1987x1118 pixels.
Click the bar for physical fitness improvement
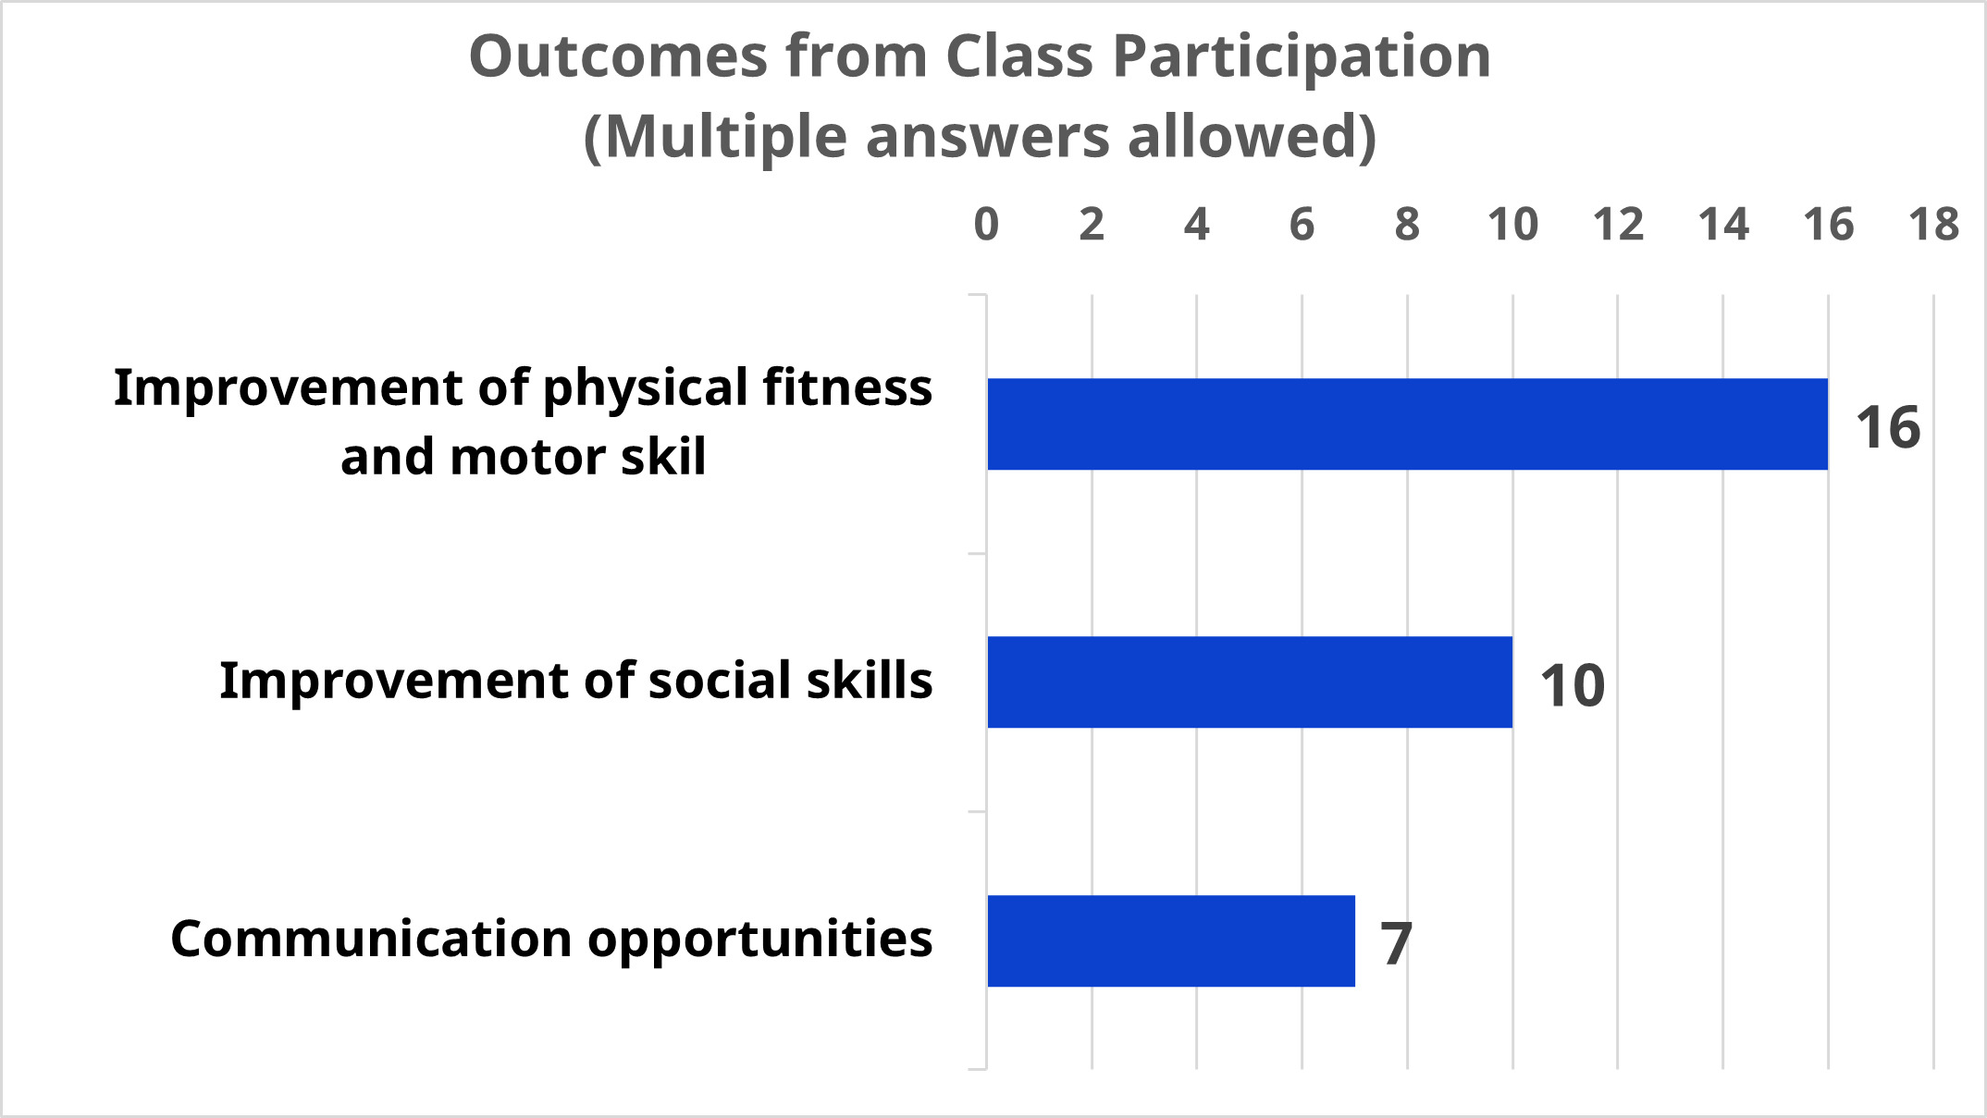[1406, 424]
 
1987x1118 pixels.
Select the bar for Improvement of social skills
[1249, 682]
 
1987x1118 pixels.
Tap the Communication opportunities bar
[1170, 940]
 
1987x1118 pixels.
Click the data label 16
[1887, 427]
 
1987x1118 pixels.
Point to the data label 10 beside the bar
[1572, 685]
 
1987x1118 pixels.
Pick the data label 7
[1396, 943]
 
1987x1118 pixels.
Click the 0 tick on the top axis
[986, 225]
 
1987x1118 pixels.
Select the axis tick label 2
[1092, 225]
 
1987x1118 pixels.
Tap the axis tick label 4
[1196, 225]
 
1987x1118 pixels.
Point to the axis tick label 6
[1302, 225]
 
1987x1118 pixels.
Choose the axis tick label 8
[1407, 225]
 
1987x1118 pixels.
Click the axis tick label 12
[1618, 225]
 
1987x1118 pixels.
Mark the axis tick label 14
[1723, 225]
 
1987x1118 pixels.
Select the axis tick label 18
[1933, 225]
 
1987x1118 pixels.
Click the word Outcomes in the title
[618, 56]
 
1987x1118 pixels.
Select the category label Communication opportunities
[551, 940]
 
